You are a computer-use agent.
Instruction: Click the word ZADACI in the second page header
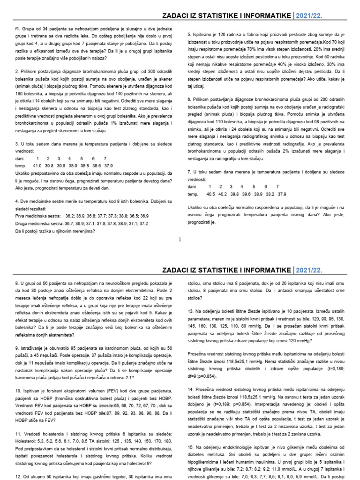pos(177,270)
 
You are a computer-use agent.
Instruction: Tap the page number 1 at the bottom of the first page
pos(180,239)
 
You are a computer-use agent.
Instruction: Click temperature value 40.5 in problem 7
pos(210,194)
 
